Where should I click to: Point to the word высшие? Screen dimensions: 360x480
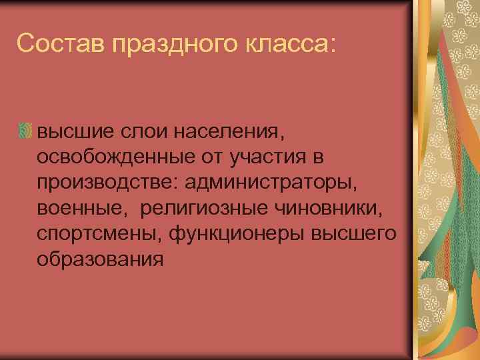(72, 131)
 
